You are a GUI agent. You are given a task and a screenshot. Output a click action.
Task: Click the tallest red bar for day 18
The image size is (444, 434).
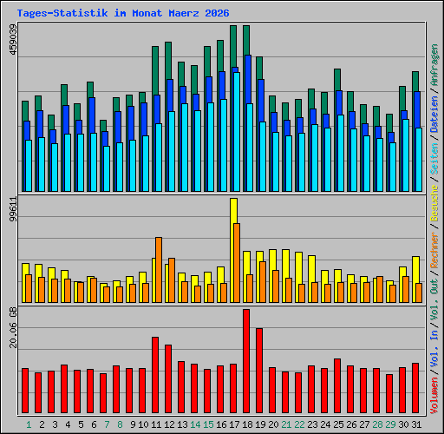[x=246, y=360]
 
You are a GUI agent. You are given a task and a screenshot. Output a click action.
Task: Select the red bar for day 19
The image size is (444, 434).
[x=259, y=371]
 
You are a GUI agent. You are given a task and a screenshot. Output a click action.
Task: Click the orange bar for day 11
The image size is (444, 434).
[x=159, y=269]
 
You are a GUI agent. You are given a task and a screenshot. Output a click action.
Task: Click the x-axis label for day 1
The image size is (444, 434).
[x=29, y=424]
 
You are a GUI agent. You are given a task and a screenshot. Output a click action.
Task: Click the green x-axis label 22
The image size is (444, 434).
[x=299, y=424]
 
